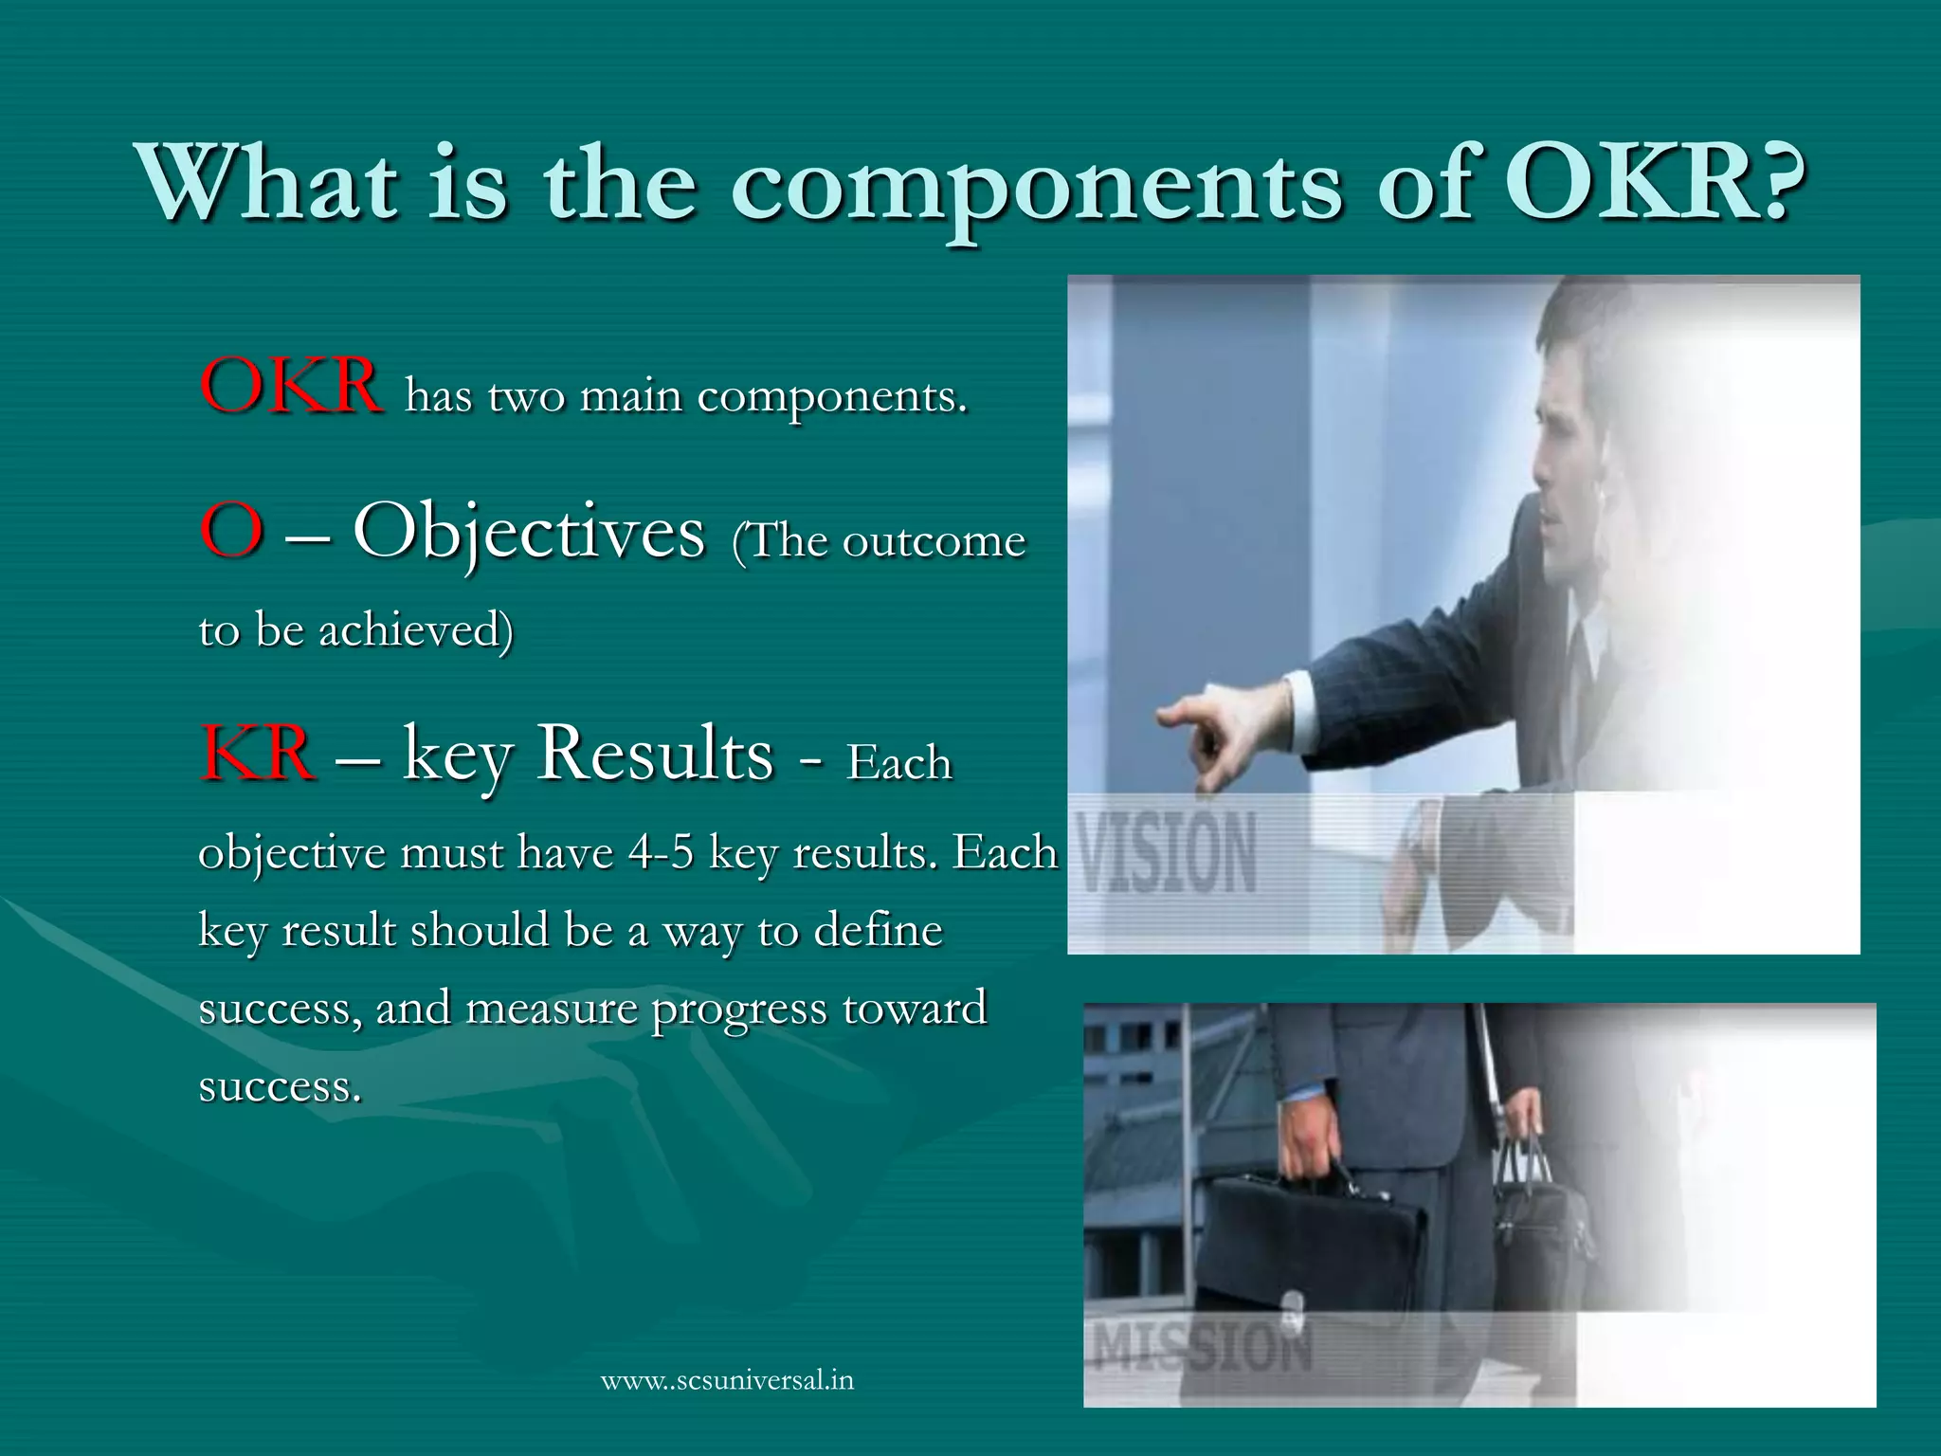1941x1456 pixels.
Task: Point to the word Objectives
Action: pos(529,533)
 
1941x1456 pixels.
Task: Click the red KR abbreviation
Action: pos(257,753)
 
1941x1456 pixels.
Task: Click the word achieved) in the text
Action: pos(416,629)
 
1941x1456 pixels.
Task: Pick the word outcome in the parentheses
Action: pos(934,541)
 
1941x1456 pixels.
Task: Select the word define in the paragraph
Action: pos(878,930)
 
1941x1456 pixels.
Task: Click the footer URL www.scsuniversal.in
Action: pos(727,1379)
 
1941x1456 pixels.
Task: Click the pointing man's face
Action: pos(1569,446)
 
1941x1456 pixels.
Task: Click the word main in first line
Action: pos(630,396)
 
